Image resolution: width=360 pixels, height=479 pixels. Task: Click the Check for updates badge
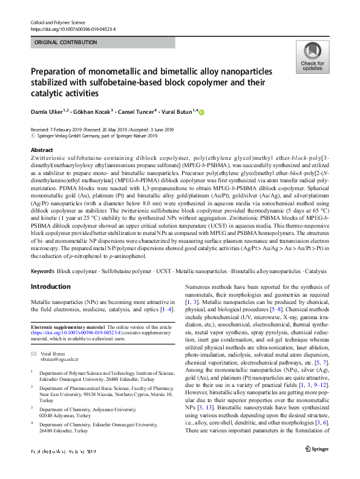coord(312,58)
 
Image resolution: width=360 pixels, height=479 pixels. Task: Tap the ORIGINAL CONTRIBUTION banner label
coord(65,42)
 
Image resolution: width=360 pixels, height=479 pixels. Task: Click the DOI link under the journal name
coord(73,29)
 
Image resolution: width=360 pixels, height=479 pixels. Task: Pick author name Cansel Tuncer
coord(136,112)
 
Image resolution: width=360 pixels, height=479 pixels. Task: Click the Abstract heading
coord(41,150)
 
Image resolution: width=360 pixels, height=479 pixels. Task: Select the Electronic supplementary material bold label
coord(67,327)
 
